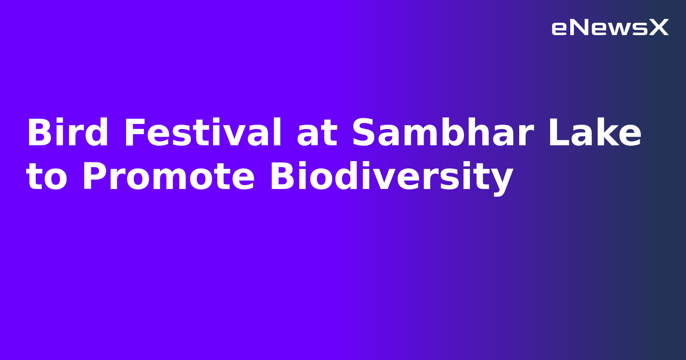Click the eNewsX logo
[610, 28]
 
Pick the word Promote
[168, 177]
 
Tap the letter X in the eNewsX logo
[659, 28]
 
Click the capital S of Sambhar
[364, 133]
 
